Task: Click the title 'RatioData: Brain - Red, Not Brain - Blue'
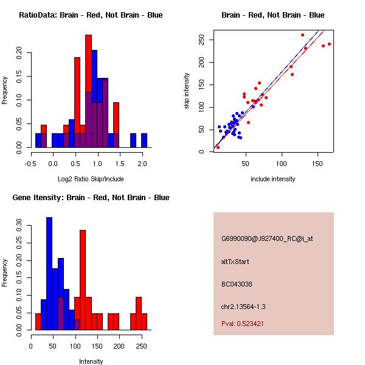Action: pos(91,15)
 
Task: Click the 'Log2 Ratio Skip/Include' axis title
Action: pos(90,178)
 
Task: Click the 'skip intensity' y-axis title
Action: pos(187,91)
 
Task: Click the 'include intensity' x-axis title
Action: pos(273,179)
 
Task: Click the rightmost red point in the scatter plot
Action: pos(329,44)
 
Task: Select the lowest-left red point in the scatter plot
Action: pos(218,147)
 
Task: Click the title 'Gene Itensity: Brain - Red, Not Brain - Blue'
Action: pos(90,198)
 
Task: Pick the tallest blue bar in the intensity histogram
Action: pos(49,274)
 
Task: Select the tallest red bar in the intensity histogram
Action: pos(83,280)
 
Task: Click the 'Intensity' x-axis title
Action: pos(91,361)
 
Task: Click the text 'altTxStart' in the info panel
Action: pos(235,262)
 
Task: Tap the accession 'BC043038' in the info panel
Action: pos(237,283)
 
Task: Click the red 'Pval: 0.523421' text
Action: pos(251,324)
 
